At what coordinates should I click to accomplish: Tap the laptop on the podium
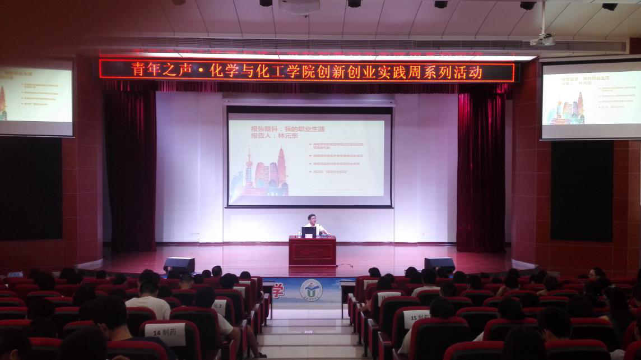coord(309,232)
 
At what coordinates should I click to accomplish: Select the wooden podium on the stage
coord(312,251)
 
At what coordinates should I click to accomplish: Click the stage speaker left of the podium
coord(179,264)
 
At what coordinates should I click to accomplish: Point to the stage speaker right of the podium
coord(439,264)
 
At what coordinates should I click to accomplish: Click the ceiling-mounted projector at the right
coord(542,40)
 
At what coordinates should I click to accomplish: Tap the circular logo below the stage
coord(311,289)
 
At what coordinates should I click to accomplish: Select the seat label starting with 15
coord(416,319)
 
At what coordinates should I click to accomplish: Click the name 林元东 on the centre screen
coord(290,136)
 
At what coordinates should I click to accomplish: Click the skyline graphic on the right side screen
coord(566,109)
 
